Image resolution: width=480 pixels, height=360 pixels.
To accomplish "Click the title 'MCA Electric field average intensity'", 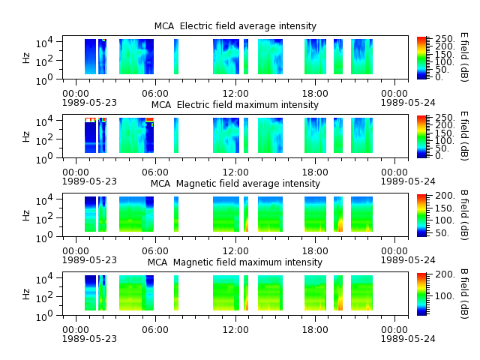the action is tap(235, 26).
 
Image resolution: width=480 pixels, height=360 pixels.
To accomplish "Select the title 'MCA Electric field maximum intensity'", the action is tap(235, 105).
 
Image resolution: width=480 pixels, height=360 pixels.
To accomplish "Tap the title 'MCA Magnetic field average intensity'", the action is tap(235, 184).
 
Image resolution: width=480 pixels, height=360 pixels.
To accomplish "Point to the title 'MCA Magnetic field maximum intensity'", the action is tap(235, 262).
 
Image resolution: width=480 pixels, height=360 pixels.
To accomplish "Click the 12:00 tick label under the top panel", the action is tap(235, 93).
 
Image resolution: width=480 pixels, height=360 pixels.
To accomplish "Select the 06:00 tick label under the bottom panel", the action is tap(155, 330).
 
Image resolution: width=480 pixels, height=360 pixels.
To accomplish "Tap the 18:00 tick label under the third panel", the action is tap(315, 251).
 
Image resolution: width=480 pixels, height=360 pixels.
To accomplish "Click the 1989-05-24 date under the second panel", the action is tap(408, 181).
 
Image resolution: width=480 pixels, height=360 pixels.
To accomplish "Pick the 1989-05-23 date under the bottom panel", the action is tap(89, 338).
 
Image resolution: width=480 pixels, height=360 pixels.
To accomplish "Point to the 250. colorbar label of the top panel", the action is tap(445, 39).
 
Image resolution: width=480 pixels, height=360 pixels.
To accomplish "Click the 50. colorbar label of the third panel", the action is tap(442, 233).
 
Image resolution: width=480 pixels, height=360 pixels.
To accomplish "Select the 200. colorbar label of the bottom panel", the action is tap(445, 274).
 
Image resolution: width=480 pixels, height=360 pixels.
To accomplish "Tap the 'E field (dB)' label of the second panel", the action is tap(464, 136).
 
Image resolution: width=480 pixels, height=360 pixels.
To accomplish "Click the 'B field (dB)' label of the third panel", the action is tap(464, 214).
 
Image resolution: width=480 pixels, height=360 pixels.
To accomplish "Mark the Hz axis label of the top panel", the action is tap(26, 58).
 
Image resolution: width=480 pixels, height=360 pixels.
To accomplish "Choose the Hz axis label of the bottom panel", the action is tap(26, 294).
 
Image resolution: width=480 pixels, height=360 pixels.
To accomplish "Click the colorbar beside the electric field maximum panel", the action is tap(421, 136).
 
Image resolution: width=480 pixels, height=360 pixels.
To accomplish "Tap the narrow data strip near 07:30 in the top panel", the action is tap(176, 57).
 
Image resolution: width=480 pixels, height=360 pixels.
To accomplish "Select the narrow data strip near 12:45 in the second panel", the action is tap(246, 135).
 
